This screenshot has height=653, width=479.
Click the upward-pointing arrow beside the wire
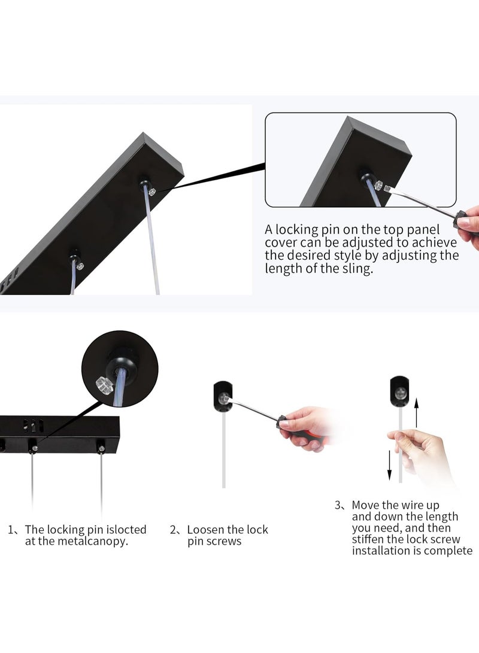[416, 412]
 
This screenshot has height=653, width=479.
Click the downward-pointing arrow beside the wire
[389, 465]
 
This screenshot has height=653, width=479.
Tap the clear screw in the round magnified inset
[105, 385]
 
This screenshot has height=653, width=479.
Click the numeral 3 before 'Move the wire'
[338, 505]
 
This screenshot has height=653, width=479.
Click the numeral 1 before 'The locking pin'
[11, 530]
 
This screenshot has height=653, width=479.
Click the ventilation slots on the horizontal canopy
[34, 426]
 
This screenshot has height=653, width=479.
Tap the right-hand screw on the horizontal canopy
[101, 448]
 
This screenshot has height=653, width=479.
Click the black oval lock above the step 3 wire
[399, 391]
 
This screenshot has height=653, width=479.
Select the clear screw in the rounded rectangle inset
[378, 186]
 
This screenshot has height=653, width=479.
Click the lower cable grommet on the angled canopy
[75, 256]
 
